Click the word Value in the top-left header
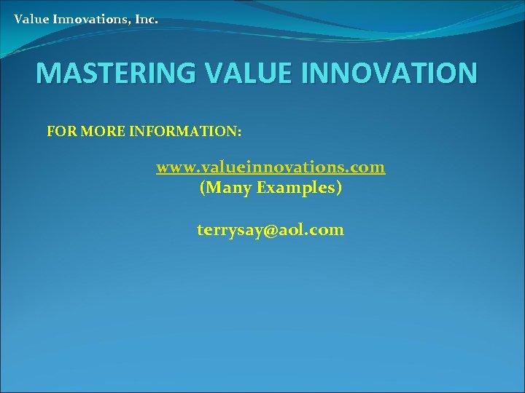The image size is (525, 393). [x=32, y=19]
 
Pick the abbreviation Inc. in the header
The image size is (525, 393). [x=146, y=19]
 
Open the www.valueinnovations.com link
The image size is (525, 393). [x=271, y=167]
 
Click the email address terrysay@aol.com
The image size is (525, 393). [x=271, y=230]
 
